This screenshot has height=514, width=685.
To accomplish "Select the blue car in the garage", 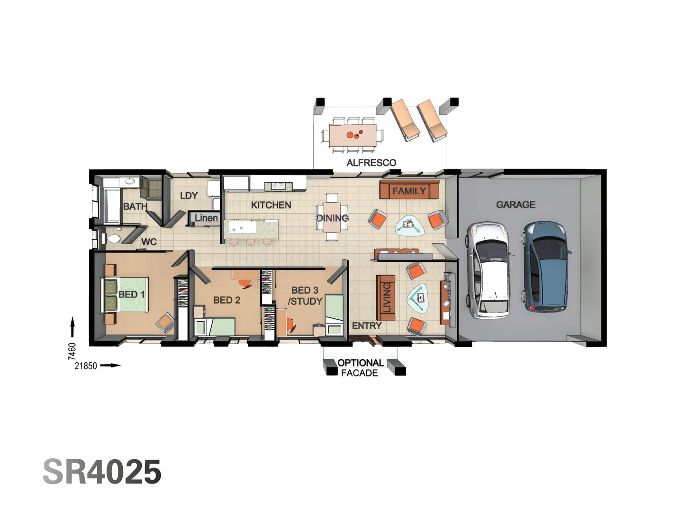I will click(546, 266).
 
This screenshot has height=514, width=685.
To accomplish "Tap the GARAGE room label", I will click(516, 205).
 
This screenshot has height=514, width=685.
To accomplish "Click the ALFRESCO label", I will click(371, 163).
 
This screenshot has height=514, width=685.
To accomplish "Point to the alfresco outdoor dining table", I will click(353, 135).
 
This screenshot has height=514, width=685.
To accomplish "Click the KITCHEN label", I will click(271, 205).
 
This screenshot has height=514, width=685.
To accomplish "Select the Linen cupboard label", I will click(206, 218).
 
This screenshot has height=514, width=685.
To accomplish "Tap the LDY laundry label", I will click(189, 196).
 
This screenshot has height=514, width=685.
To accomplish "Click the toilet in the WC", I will click(113, 238).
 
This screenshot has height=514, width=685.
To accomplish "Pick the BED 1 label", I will click(131, 295).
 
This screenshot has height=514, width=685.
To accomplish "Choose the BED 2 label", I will click(226, 300).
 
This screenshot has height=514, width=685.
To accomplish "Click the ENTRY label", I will click(366, 326).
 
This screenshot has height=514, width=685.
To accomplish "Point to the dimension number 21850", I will click(86, 366).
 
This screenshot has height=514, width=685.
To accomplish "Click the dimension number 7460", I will click(72, 351).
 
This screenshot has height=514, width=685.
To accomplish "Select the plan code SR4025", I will click(102, 472).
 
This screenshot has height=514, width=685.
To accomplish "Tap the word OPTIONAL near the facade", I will click(361, 363).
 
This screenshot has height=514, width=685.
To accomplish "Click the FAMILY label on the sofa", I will click(409, 191).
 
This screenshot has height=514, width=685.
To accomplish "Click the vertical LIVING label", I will click(387, 297).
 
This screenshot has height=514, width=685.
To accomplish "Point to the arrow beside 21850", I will click(111, 366).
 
